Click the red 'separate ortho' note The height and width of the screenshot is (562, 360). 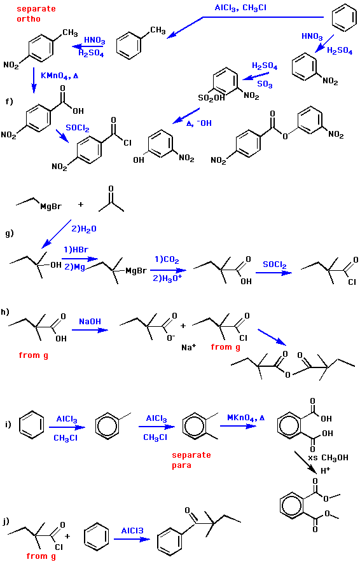point(36,13)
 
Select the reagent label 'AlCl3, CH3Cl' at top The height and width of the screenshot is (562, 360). point(240,8)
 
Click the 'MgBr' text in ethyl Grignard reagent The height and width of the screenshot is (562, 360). point(50,207)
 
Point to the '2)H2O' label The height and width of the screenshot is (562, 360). point(84,229)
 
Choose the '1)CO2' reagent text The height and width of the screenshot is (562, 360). point(167,260)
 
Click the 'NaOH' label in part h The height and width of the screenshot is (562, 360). point(90,322)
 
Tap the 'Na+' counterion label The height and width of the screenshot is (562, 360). point(189,347)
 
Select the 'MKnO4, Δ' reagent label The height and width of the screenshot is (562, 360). point(246,418)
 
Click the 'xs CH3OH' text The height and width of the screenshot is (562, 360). point(328,458)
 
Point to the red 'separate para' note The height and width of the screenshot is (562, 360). point(191,460)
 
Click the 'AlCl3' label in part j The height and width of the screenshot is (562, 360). point(132,530)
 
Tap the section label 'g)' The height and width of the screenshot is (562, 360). point(10,234)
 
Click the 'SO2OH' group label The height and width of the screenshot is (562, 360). point(211,98)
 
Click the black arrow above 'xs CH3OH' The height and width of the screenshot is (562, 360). point(305,462)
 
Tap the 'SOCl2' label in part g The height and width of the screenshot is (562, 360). point(275,265)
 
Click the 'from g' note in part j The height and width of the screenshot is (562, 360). point(41,556)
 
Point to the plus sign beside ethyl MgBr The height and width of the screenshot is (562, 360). point(81,204)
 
